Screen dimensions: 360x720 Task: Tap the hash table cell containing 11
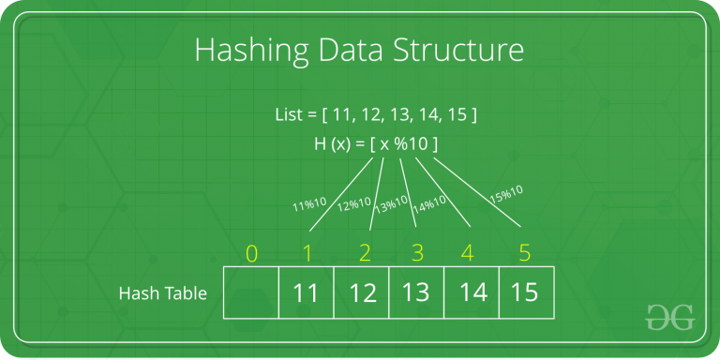coord(306,292)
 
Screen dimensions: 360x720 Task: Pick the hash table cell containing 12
coord(361,292)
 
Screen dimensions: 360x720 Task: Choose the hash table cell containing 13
coord(415,292)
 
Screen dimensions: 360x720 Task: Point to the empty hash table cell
coord(250,292)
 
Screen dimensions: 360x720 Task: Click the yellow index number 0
coord(250,252)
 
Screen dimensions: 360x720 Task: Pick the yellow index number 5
coord(526,252)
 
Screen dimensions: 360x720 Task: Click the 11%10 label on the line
coord(307,202)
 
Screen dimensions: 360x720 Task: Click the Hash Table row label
coord(162,293)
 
